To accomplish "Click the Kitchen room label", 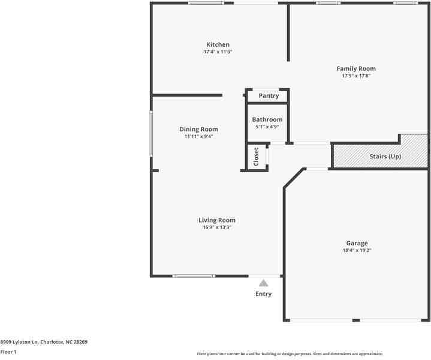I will click(x=218, y=45).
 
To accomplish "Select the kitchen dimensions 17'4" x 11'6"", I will click(x=218, y=52).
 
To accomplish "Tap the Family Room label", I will click(x=356, y=69).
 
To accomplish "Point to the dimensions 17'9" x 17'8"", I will click(x=356, y=76).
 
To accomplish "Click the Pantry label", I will click(x=269, y=96).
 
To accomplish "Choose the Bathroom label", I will click(x=267, y=119).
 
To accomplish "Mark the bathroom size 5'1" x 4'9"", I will click(x=267, y=127).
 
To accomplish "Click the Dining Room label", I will click(x=199, y=129).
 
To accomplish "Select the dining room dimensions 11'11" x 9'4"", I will click(x=199, y=136).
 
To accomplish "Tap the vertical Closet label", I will click(x=256, y=157).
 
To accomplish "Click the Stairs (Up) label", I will click(x=385, y=157).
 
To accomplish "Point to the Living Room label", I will click(x=217, y=220).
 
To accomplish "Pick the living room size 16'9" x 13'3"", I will click(x=217, y=227).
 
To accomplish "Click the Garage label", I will click(x=356, y=243).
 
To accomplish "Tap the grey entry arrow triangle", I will click(x=264, y=283).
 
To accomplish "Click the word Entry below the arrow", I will click(x=264, y=294).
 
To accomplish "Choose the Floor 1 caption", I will click(x=8, y=352).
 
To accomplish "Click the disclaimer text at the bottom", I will click(x=290, y=354).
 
